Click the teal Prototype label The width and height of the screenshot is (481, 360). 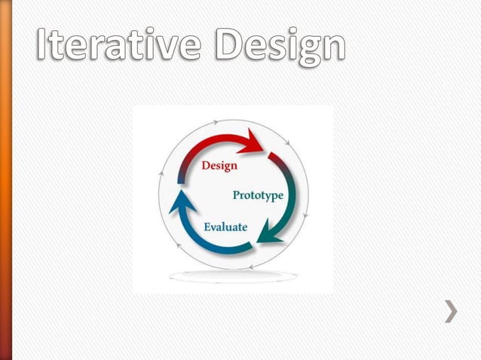click(x=257, y=195)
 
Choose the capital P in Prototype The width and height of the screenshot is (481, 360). click(x=237, y=194)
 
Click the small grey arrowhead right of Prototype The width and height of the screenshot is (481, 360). click(x=306, y=216)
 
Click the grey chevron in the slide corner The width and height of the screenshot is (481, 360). click(x=450, y=311)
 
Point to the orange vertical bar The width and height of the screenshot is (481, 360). click(x=6, y=180)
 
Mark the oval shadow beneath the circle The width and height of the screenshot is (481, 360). click(x=233, y=276)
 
